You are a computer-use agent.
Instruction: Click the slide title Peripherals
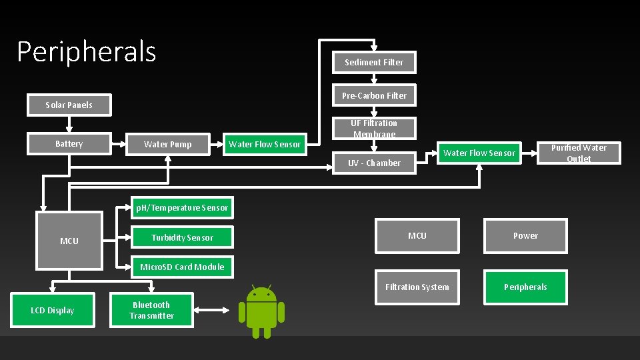click(x=87, y=51)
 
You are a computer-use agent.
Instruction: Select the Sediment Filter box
click(x=374, y=62)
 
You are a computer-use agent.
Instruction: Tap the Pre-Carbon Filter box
click(x=374, y=95)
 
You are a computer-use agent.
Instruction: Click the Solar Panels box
click(x=69, y=105)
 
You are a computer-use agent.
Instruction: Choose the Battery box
click(x=69, y=144)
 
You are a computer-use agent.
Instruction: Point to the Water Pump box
click(x=167, y=144)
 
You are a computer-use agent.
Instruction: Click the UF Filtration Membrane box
click(x=374, y=129)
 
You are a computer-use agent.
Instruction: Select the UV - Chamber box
click(x=374, y=163)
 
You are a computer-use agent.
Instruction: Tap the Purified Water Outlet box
click(x=579, y=153)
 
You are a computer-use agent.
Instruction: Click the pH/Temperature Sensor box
click(x=182, y=208)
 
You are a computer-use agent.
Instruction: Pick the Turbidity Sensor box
click(x=182, y=237)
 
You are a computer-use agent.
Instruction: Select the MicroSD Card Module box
click(x=182, y=267)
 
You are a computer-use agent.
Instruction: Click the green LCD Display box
click(x=52, y=310)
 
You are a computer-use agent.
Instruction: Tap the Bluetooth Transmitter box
click(x=151, y=310)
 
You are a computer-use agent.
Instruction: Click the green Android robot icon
click(x=261, y=312)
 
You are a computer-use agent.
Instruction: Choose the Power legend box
click(x=525, y=235)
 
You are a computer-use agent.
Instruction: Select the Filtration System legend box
click(x=417, y=287)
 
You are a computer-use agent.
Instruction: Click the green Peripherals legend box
click(x=525, y=287)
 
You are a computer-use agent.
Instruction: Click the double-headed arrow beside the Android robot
click(x=215, y=309)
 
